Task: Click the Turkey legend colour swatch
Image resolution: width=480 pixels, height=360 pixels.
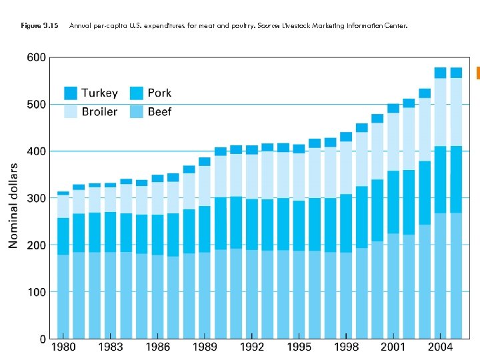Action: (70, 93)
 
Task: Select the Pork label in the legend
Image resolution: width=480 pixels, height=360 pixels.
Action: (159, 93)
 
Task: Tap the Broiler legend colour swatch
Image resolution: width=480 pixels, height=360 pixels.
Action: (70, 111)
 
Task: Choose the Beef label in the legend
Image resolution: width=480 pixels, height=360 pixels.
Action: (159, 111)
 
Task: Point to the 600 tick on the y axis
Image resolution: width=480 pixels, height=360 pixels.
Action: (36, 58)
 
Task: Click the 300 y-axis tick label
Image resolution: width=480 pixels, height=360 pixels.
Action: (36, 199)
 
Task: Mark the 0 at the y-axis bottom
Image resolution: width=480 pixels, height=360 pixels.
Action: (43, 339)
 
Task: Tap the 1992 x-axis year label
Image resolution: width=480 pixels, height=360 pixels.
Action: (252, 347)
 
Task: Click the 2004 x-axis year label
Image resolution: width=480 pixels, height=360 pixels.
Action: (441, 347)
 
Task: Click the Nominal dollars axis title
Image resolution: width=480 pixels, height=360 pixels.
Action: (13, 205)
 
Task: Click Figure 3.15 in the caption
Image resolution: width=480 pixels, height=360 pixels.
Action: (39, 26)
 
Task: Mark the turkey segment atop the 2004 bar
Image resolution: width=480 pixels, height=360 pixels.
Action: (441, 73)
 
